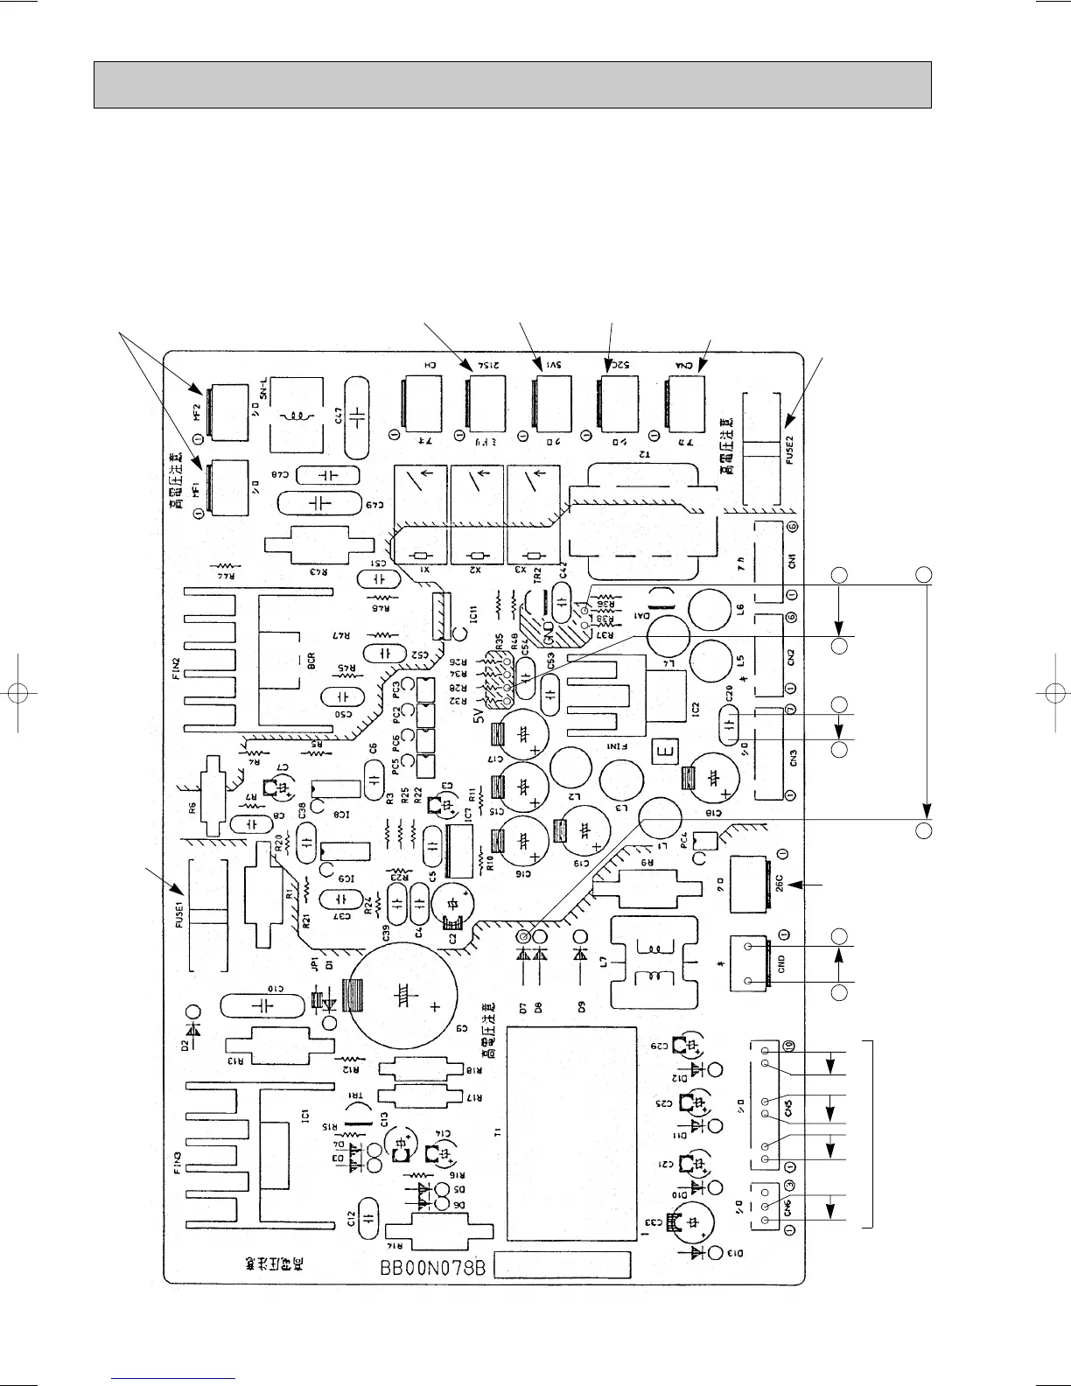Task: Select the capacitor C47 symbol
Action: click(x=358, y=417)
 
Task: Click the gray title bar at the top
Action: click(x=512, y=85)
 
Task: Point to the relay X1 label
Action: click(x=428, y=570)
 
